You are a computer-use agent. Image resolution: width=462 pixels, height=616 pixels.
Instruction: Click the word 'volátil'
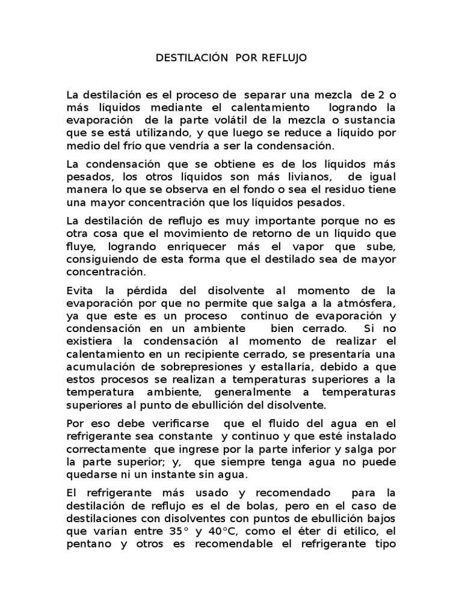(262, 120)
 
